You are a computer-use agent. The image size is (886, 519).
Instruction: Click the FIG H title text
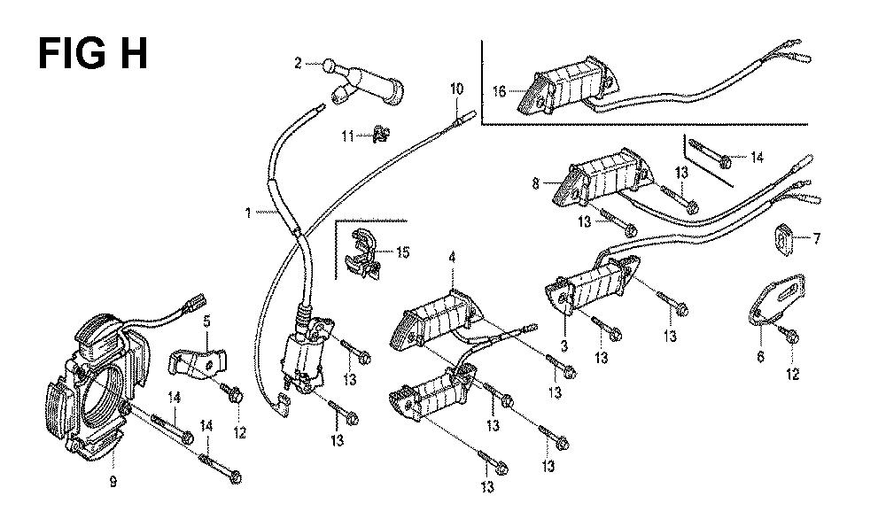coord(92,53)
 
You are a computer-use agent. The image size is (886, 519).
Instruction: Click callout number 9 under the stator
coord(113,482)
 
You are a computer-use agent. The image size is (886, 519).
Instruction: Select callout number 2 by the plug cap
coord(299,62)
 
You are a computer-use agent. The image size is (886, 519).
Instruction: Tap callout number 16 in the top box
coord(498,90)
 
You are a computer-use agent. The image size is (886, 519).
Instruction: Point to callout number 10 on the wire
coord(456,89)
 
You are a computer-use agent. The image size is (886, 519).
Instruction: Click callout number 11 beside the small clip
coord(348,136)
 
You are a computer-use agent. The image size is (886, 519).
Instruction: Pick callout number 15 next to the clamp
coord(403,252)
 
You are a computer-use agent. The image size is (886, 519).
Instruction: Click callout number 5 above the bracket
coord(206,320)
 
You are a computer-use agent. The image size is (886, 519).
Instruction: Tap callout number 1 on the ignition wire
coord(248,213)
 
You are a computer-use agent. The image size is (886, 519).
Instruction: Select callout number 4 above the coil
coord(452,258)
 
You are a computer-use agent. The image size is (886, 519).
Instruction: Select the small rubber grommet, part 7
coord(784,236)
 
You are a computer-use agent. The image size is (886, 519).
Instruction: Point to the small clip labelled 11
coord(379,135)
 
